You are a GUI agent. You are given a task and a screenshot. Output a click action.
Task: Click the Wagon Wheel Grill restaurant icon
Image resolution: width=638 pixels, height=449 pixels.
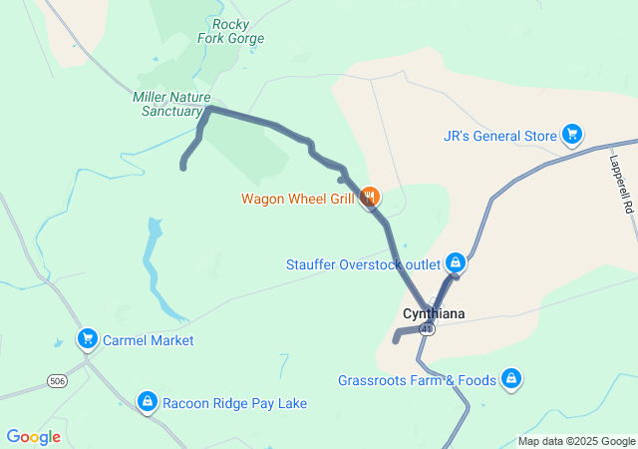(370, 197)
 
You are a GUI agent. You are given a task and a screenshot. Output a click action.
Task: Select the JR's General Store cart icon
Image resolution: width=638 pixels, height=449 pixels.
(571, 133)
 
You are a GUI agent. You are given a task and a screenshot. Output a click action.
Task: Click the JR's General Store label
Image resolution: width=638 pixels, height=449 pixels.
(501, 136)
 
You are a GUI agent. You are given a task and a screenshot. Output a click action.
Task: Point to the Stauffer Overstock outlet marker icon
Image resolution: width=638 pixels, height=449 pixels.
(455, 263)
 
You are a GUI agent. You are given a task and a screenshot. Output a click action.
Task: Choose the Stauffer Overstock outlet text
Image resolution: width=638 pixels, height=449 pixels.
(363, 264)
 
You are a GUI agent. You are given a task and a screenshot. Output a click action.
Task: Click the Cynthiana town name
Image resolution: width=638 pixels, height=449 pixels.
(433, 313)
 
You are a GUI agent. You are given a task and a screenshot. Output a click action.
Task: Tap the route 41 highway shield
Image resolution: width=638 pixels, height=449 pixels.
(427, 328)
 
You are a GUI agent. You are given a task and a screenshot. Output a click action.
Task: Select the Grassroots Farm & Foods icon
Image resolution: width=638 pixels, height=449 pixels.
(510, 378)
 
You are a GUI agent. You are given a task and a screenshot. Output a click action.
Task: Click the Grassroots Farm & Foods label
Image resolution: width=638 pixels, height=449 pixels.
(417, 380)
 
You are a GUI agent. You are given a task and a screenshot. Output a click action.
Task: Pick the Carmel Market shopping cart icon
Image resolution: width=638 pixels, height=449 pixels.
(87, 340)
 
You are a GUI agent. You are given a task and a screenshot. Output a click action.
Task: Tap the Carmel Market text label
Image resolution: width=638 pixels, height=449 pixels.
(147, 340)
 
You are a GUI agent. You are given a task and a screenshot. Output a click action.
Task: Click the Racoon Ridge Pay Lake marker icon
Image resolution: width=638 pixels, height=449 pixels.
(147, 402)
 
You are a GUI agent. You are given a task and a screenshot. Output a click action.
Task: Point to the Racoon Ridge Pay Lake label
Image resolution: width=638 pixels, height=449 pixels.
(235, 403)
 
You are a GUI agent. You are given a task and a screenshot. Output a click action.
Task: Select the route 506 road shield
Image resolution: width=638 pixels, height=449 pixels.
(58, 381)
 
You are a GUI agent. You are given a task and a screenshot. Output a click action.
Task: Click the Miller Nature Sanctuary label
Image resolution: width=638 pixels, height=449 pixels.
(166, 104)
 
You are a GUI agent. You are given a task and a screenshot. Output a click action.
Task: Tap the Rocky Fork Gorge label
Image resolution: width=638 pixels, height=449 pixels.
(238, 31)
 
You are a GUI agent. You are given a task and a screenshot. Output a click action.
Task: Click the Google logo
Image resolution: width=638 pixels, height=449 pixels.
(33, 437)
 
